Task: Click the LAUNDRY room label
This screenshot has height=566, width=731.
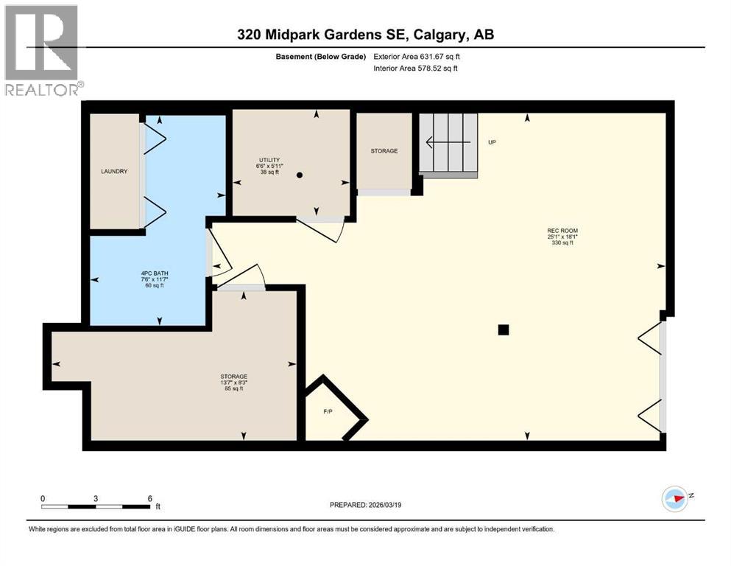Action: [114, 172]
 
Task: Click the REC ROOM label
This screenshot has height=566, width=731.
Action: [562, 231]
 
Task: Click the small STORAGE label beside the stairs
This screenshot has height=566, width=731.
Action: [384, 151]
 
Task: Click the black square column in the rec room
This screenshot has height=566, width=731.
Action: [504, 329]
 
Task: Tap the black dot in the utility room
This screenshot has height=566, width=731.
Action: [300, 175]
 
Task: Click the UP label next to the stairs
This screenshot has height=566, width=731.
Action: [492, 142]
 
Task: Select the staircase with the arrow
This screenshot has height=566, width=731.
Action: [448, 142]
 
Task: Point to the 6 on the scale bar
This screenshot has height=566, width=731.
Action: [149, 497]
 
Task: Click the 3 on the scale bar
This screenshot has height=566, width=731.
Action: [96, 497]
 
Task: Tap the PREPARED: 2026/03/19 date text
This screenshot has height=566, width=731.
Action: [365, 505]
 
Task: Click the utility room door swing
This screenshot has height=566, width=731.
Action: [321, 229]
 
